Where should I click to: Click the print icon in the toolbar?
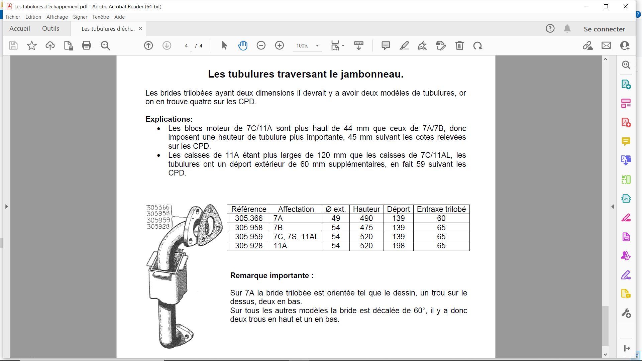[87, 45]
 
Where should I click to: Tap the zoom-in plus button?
[279, 45]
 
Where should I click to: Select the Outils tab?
[50, 29]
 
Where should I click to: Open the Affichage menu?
[57, 17]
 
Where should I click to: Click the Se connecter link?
[604, 29]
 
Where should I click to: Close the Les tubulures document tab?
[140, 29]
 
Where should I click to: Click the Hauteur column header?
[366, 209]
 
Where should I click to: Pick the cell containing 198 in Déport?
[398, 246]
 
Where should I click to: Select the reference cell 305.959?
[249, 237]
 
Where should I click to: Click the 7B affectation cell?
[278, 228]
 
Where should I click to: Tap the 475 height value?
[366, 228]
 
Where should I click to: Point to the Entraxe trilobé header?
[441, 209]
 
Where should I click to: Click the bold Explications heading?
[169, 119]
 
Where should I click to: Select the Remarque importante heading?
[272, 276]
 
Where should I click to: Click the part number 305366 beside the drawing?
[158, 208]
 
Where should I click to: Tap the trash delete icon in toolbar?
[459, 45]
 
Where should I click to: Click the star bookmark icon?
[32, 45]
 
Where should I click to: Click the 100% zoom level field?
[302, 46]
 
